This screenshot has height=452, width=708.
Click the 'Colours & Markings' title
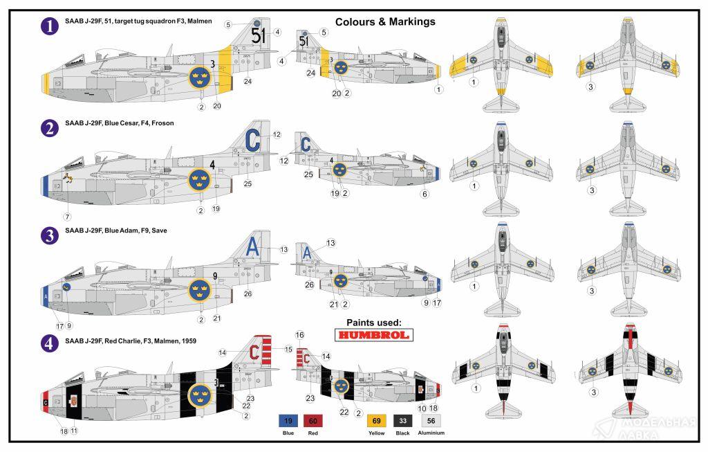pyautogui.click(x=385, y=21)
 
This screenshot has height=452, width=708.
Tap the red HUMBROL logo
pyautogui.click(x=373, y=336)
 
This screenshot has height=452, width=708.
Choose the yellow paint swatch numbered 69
pyautogui.click(x=377, y=419)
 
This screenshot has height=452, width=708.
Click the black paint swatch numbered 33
pyautogui.click(x=403, y=419)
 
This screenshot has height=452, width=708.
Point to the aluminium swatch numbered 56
pyautogui.click(x=431, y=419)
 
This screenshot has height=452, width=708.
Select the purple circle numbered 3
pyautogui.click(x=50, y=235)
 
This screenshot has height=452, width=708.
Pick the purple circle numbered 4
pyautogui.click(x=50, y=343)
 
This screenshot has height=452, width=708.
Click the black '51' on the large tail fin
pyautogui.click(x=258, y=35)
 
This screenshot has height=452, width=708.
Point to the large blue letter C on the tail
pyautogui.click(x=252, y=139)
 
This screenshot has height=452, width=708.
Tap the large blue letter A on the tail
pyautogui.click(x=254, y=246)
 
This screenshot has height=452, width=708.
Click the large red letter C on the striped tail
pyautogui.click(x=254, y=353)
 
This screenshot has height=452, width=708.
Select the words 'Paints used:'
pyautogui.click(x=373, y=322)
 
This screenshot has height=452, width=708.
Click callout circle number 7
pyautogui.click(x=67, y=217)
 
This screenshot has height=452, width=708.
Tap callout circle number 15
pyautogui.click(x=288, y=348)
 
